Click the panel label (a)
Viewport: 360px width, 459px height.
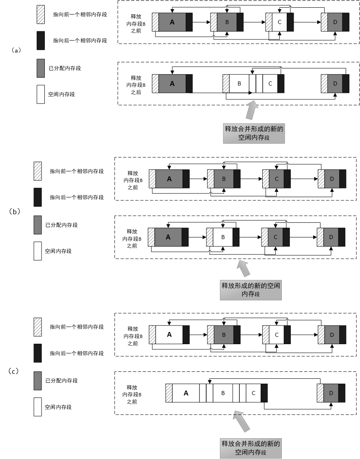16,51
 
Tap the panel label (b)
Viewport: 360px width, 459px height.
14,211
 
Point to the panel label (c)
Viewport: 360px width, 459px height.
13,371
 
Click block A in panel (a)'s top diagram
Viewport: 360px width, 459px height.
172,22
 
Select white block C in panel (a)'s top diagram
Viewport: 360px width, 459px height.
279,22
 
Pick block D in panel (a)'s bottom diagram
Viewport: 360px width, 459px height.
335,83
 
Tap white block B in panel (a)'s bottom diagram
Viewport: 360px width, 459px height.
239,83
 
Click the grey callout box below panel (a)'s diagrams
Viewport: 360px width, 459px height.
254,133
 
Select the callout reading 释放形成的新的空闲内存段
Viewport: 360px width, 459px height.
250,290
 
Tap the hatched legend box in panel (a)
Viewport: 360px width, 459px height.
41,14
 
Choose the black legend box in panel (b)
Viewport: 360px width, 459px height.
37,197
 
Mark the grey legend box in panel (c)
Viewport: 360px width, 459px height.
37,381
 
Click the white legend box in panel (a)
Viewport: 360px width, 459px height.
41,94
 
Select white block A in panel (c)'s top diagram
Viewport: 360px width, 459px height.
169,335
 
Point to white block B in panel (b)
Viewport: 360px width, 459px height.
223,237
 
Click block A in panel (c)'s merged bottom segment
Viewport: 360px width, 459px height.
186,393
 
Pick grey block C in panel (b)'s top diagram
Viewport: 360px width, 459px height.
277,179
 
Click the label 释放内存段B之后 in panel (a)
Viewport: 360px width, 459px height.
136,85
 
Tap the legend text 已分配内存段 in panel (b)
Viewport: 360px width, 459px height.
61,225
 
